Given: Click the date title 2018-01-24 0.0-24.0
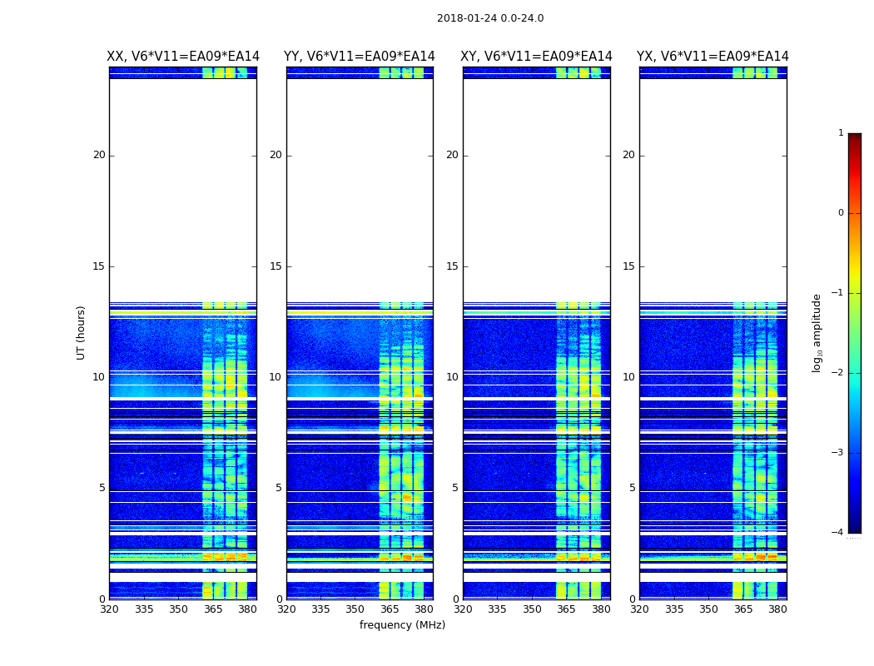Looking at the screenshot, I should pos(490,18).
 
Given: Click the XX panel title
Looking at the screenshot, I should pos(183,57).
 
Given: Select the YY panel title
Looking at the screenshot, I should pos(360,57).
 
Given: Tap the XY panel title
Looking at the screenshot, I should pos(536,57).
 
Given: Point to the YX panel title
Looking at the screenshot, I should pos(713,57).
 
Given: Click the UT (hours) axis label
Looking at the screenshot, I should pos(82,332).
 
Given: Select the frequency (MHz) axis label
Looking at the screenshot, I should pos(402,625).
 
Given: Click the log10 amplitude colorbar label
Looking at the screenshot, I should pos(817,332).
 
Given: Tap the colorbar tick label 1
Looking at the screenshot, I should pos(841,133).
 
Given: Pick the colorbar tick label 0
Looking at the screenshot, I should pos(841,213).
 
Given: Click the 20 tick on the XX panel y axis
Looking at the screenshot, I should pos(99,155).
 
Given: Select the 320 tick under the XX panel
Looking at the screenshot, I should pos(109,609).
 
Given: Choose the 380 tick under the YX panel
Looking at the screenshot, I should pos(777,609).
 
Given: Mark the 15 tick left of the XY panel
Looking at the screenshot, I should pos(452,266).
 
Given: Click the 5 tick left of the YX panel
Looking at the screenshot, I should pos(632,488).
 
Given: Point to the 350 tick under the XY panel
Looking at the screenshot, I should pos(532,609).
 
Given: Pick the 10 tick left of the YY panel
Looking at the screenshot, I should pos(275,377).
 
